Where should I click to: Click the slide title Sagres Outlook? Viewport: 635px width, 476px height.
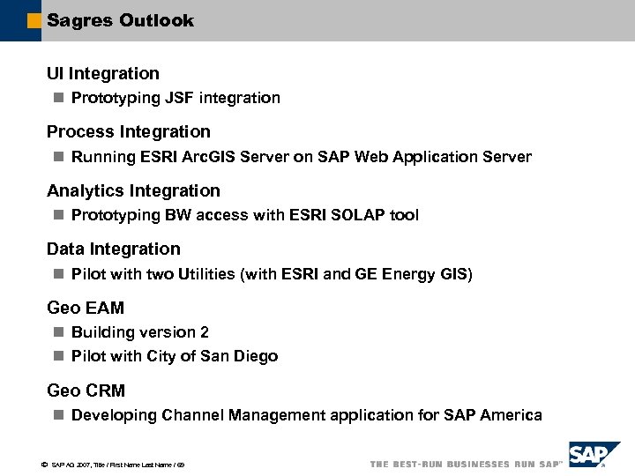(x=120, y=20)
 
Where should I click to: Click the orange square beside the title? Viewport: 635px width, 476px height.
(x=34, y=20)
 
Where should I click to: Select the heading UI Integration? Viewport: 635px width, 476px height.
(x=103, y=73)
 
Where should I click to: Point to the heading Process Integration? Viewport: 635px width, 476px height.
(x=129, y=131)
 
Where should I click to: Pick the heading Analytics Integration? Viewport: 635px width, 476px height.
(x=133, y=190)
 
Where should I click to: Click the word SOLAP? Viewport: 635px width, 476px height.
(x=363, y=215)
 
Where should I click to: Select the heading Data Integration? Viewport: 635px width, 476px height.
(x=113, y=249)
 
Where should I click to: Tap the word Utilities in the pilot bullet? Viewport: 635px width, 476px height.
(x=205, y=274)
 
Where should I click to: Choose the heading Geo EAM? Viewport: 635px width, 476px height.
(x=86, y=308)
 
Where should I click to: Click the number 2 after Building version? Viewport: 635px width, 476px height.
(x=205, y=332)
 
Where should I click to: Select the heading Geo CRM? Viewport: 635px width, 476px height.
(x=86, y=390)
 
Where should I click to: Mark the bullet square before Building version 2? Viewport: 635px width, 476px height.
(x=58, y=332)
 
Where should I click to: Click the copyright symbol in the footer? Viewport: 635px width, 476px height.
(x=44, y=464)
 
